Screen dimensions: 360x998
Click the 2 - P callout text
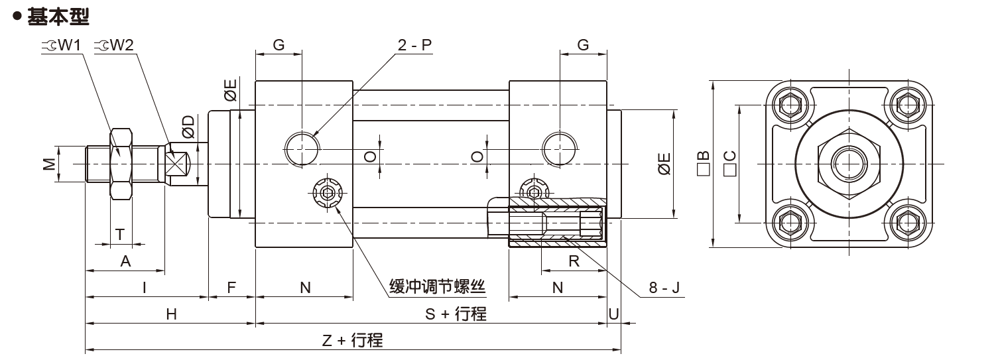pos(414,45)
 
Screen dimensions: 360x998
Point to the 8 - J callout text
pos(664,288)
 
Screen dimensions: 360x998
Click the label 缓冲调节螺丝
pos(437,287)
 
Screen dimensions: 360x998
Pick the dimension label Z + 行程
pos(352,341)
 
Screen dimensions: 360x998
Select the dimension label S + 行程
pos(456,314)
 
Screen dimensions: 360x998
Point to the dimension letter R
pos(574,261)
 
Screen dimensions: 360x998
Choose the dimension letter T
pos(120,234)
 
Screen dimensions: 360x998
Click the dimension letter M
pos(49,163)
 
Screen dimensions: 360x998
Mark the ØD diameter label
pos(189,126)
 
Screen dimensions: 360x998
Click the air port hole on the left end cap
pos(302,148)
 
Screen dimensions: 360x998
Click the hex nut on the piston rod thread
pos(121,163)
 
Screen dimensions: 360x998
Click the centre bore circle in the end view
pos(848,163)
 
